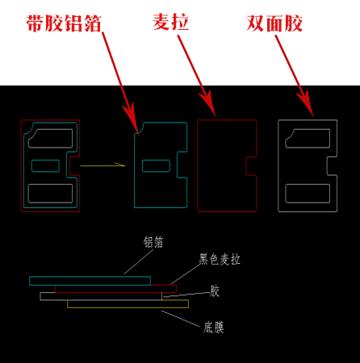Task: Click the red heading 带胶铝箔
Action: pyautogui.click(x=64, y=23)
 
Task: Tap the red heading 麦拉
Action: pyautogui.click(x=170, y=22)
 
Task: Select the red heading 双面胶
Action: pyautogui.click(x=274, y=23)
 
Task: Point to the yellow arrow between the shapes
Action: pyautogui.click(x=103, y=165)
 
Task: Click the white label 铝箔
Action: pyautogui.click(x=153, y=242)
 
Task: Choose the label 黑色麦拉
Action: pyautogui.click(x=220, y=259)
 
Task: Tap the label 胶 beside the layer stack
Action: pyautogui.click(x=215, y=291)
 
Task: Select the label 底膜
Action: pyautogui.click(x=214, y=328)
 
